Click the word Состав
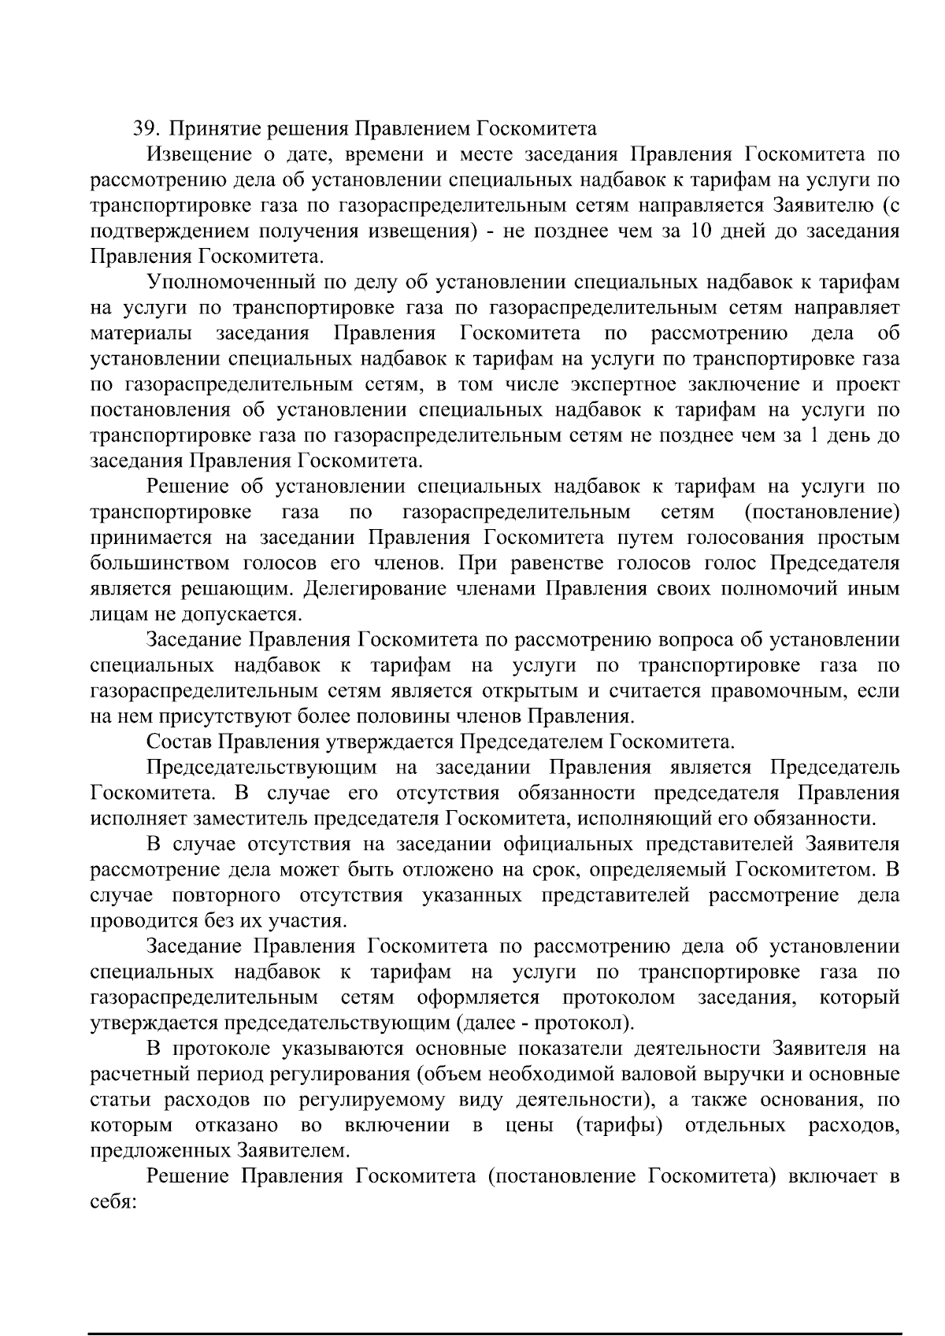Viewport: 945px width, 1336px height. [x=178, y=742]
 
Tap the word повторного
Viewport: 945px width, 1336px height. [x=226, y=896]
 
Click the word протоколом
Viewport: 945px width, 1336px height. [x=618, y=998]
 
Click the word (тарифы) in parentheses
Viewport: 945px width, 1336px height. [x=618, y=1126]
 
